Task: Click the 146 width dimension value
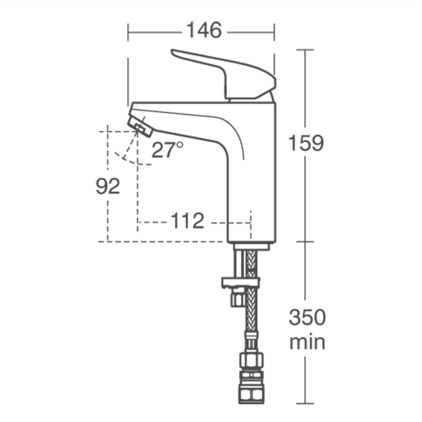tap(204, 30)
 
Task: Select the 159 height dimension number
tap(306, 143)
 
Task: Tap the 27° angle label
tap(167, 150)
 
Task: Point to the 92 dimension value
tap(108, 186)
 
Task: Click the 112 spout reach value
tap(187, 221)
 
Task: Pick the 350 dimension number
tap(307, 317)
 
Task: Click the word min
tap(307, 342)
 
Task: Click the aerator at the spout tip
tap(140, 127)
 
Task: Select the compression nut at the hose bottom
tap(252, 388)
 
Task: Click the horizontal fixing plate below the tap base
tap(241, 282)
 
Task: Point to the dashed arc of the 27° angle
tap(132, 161)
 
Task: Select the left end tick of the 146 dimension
tap(128, 32)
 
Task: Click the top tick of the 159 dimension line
tap(305, 50)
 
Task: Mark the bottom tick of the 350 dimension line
tap(305, 403)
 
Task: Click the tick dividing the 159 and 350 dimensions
tap(305, 241)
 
